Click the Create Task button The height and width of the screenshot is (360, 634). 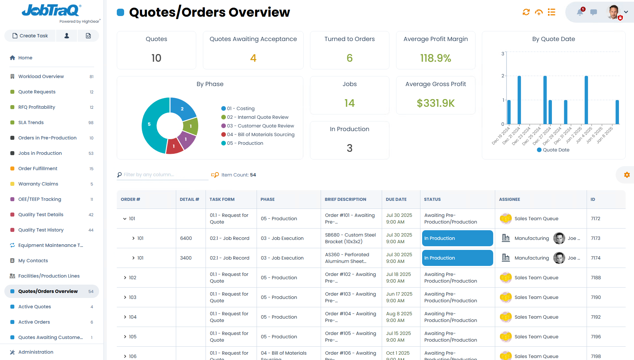click(30, 36)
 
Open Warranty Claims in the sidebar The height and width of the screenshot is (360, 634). click(38, 184)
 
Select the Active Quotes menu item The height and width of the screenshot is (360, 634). click(34, 307)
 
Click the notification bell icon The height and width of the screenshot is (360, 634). click(580, 12)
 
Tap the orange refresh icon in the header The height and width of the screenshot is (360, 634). click(526, 12)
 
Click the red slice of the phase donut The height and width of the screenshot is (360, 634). click(174, 146)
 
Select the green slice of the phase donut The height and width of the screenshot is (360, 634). click(191, 126)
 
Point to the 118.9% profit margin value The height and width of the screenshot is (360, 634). click(435, 58)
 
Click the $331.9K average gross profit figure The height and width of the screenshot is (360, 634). click(435, 103)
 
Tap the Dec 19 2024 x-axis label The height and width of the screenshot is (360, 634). click(501, 135)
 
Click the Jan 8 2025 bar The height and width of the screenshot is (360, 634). click(617, 112)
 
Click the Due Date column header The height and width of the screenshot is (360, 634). click(396, 199)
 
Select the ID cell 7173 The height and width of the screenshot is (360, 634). click(596, 238)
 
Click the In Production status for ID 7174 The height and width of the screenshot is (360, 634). click(457, 258)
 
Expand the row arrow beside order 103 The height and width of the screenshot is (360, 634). click(125, 297)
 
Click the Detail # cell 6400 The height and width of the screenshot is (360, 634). click(186, 238)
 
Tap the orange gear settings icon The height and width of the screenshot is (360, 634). click(627, 175)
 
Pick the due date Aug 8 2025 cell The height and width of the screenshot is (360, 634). click(399, 317)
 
